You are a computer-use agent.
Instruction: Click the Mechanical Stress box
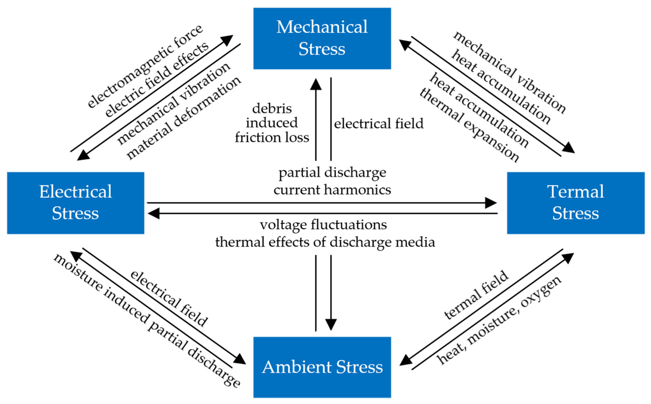(x=322, y=38)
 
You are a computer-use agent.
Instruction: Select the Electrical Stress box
(x=76, y=203)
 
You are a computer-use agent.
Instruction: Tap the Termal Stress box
(x=576, y=203)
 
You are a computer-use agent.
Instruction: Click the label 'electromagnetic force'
(x=145, y=66)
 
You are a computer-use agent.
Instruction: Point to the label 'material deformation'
(x=184, y=118)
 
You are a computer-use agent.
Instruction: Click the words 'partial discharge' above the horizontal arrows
(x=332, y=173)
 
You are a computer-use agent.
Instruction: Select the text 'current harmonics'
(x=332, y=190)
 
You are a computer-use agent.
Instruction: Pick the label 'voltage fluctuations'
(x=323, y=224)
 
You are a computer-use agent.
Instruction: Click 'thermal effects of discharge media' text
(x=325, y=242)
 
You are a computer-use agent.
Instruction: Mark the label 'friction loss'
(x=272, y=137)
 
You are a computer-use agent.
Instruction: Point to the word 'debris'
(x=272, y=108)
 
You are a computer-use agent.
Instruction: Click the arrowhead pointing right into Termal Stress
(x=491, y=203)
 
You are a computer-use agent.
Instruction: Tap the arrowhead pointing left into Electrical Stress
(x=154, y=214)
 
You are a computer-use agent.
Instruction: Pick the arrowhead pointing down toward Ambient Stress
(x=331, y=325)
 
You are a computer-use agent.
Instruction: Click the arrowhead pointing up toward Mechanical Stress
(x=316, y=84)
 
